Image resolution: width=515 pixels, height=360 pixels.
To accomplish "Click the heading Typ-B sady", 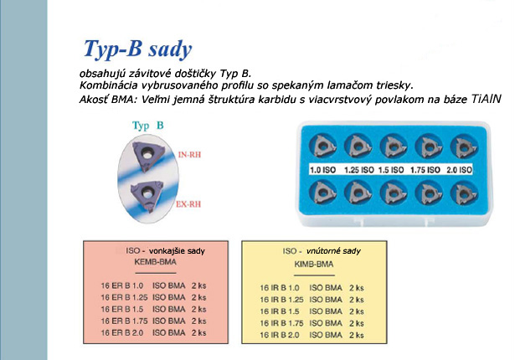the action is (137, 49).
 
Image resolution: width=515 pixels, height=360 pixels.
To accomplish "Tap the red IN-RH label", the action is (189, 155).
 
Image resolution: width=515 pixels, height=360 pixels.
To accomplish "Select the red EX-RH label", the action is (188, 204).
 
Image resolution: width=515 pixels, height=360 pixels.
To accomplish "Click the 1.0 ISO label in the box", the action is (323, 170).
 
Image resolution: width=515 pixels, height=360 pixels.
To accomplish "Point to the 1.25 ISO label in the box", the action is (359, 170).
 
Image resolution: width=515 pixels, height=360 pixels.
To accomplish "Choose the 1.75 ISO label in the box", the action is (425, 170).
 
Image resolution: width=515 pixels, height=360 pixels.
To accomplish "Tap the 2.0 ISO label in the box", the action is (459, 170).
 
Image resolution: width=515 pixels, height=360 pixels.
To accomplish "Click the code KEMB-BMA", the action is (156, 262).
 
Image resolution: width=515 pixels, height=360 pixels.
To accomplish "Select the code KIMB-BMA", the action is (314, 264).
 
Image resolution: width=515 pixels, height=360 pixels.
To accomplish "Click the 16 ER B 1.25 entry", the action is (124, 297).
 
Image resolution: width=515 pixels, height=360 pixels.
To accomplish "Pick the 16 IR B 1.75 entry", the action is (281, 323).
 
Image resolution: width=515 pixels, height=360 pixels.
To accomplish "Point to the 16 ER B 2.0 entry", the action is (122, 332).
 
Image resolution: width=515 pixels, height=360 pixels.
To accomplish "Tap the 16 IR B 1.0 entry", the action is (280, 288).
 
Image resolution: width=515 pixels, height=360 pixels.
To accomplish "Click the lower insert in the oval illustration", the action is (147, 196).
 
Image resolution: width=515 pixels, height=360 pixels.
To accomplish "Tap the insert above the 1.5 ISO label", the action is (394, 147).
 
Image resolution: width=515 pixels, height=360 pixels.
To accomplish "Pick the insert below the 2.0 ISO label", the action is (465, 193).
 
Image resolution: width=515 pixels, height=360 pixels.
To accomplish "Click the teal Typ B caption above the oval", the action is (147, 126).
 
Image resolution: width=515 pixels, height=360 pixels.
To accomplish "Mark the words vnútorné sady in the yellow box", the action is (333, 251).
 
